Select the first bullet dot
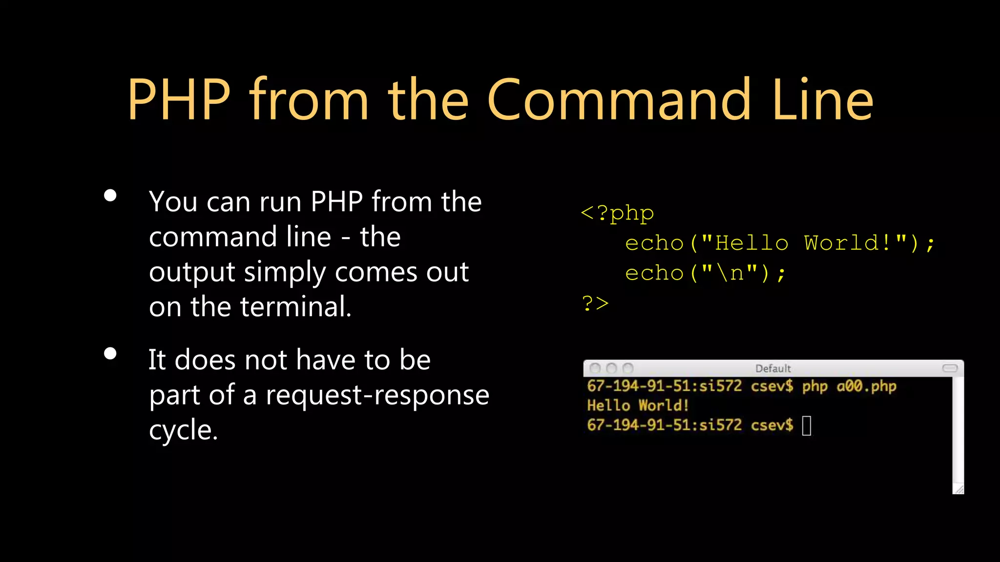pyautogui.click(x=110, y=196)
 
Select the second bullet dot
pyautogui.click(x=110, y=354)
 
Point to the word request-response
pyautogui.click(x=377, y=395)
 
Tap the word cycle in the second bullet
pyautogui.click(x=183, y=430)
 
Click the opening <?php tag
pyautogui.click(x=617, y=213)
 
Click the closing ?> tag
pyautogui.click(x=595, y=303)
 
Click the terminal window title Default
pyautogui.click(x=773, y=368)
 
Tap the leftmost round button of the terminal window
pyautogui.click(x=595, y=368)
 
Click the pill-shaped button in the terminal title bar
pyautogui.click(x=950, y=368)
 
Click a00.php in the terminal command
pyautogui.click(x=866, y=386)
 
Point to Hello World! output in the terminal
pyautogui.click(x=638, y=405)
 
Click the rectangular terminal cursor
pyautogui.click(x=807, y=425)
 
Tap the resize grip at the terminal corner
pyautogui.click(x=959, y=489)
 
